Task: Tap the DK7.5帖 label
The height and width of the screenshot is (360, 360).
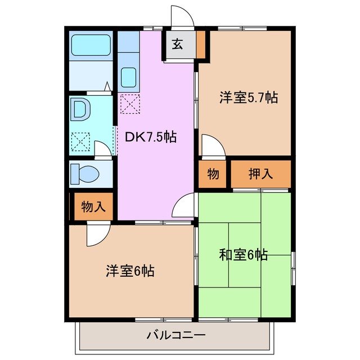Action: click(x=151, y=136)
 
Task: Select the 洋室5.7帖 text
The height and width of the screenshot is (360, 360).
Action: click(x=248, y=97)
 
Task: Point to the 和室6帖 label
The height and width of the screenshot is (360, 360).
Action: click(x=243, y=255)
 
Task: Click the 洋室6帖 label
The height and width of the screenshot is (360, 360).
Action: click(x=130, y=271)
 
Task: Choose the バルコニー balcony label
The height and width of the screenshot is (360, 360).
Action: click(x=176, y=336)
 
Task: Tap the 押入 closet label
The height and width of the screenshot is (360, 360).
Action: click(x=261, y=174)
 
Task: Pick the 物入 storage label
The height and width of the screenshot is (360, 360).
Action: click(x=93, y=206)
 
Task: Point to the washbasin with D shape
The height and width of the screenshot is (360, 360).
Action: click(x=79, y=110)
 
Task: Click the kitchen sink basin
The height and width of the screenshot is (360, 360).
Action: click(x=129, y=77)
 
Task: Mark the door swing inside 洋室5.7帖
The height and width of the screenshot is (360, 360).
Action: click(x=213, y=146)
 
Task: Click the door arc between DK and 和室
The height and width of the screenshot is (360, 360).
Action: click(x=184, y=206)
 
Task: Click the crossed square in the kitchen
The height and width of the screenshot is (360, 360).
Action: click(x=129, y=104)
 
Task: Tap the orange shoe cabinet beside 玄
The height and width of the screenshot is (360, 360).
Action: click(x=201, y=45)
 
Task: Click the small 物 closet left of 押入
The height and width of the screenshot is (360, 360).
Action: click(x=213, y=174)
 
